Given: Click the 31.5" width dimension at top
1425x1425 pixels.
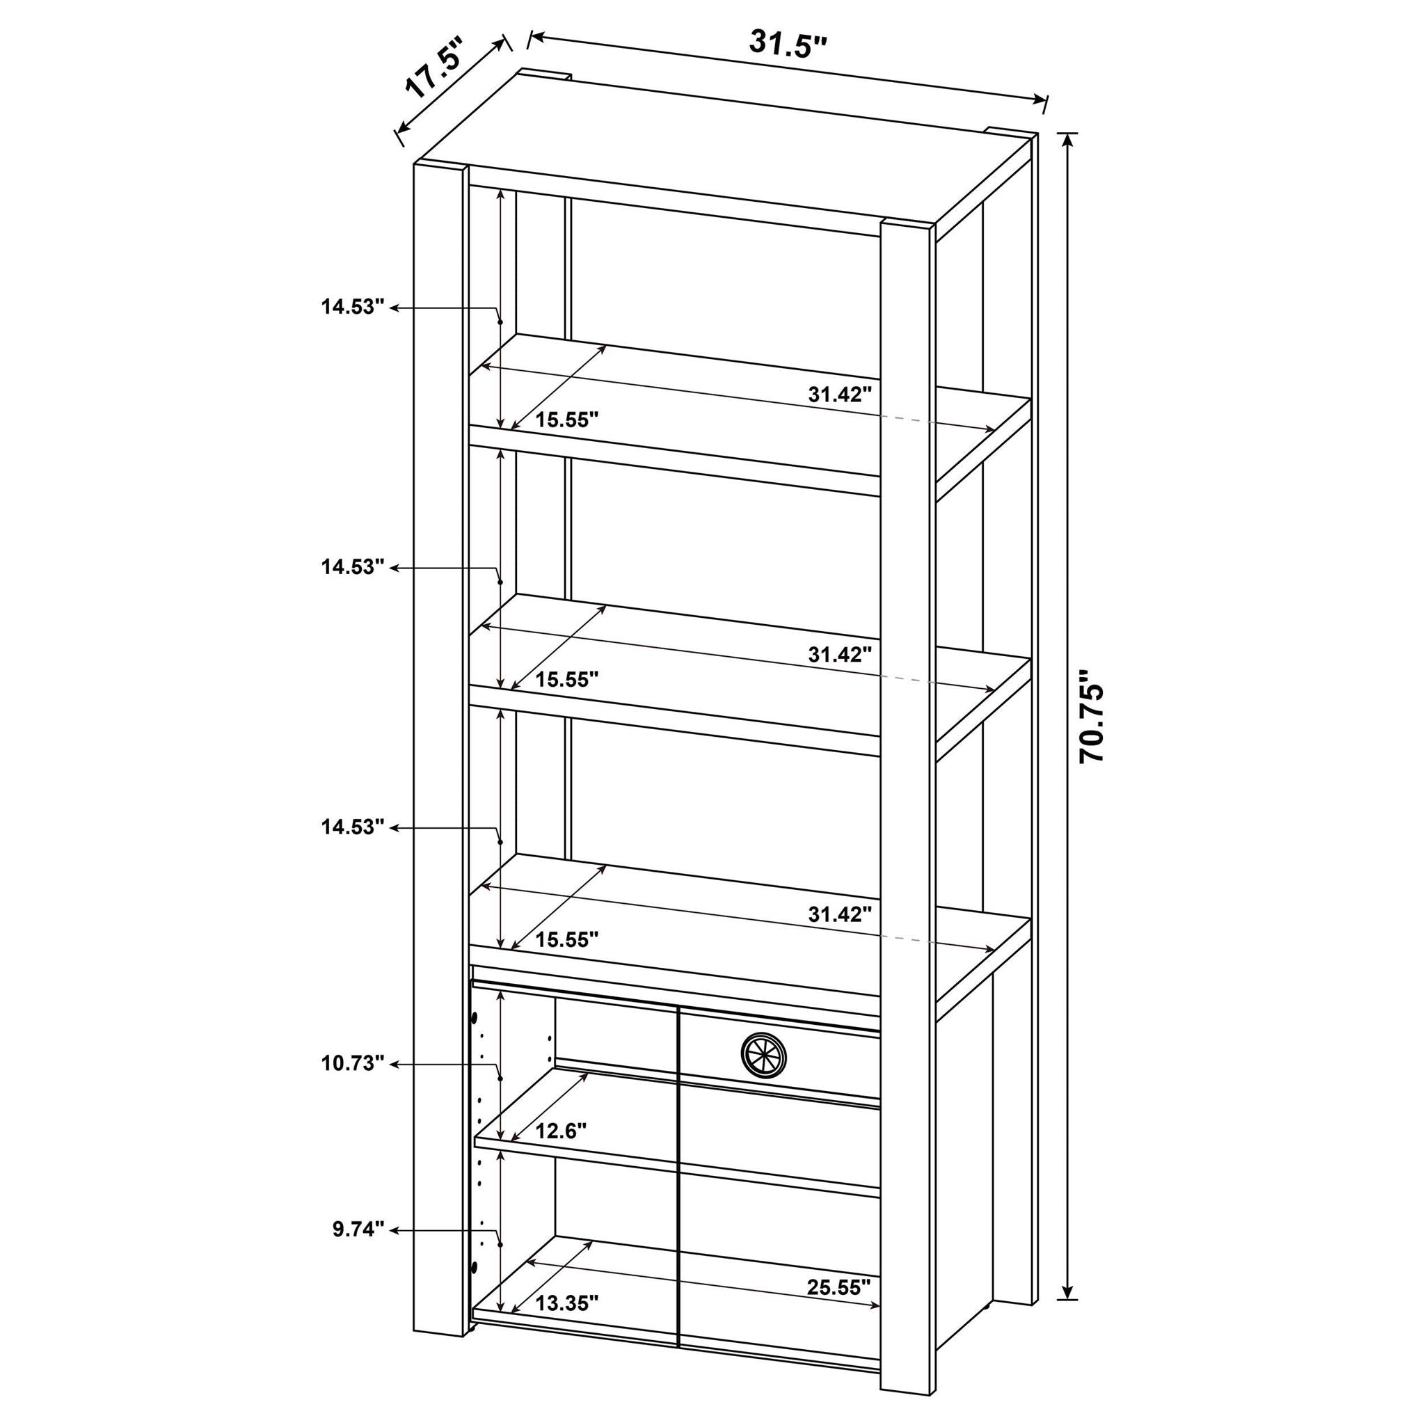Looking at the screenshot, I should [x=788, y=44].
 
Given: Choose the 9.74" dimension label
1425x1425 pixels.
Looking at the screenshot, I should [x=358, y=1229].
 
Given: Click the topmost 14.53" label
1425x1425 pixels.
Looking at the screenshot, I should [x=353, y=307].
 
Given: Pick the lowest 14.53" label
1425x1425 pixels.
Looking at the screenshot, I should [x=353, y=827].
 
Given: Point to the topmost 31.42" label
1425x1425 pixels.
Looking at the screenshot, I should [x=840, y=395].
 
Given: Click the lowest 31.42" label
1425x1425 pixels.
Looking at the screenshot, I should [x=840, y=914].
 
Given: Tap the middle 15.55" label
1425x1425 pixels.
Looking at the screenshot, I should [x=566, y=679].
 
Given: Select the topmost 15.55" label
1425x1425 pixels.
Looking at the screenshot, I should [x=566, y=420].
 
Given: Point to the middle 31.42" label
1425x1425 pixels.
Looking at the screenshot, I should [x=840, y=654].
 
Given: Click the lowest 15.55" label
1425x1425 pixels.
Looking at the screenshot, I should [x=566, y=939].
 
